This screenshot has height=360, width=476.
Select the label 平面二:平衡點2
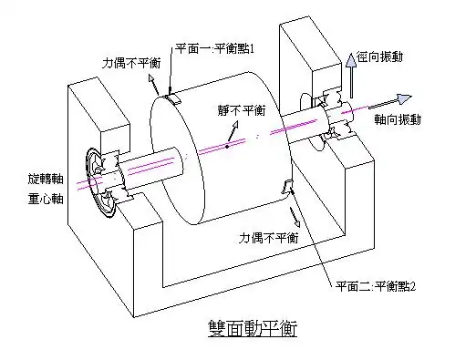[375, 286]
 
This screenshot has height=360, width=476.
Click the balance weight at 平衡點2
[290, 189]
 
